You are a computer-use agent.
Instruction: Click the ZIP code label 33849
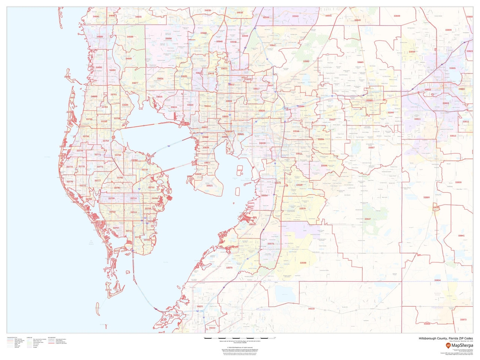point(397,16)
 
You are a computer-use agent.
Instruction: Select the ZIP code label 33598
point(303,263)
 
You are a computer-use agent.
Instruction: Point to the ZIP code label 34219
point(311,309)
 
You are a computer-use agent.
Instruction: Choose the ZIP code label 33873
point(463,319)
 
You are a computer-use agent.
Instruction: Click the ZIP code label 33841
point(461,235)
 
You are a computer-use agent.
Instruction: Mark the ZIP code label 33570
point(229,268)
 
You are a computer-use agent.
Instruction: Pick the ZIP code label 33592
point(306,61)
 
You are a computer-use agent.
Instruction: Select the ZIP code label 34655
point(138,17)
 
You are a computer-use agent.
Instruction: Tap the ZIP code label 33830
point(458,182)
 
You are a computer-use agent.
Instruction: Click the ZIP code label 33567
point(371,148)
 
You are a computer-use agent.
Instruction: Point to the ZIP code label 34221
point(200,306)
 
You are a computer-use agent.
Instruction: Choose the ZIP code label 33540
point(357,20)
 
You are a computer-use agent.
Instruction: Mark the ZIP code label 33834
point(437,280)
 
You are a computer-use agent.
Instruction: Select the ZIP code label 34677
point(135,83)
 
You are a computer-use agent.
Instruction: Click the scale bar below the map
point(240,338)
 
